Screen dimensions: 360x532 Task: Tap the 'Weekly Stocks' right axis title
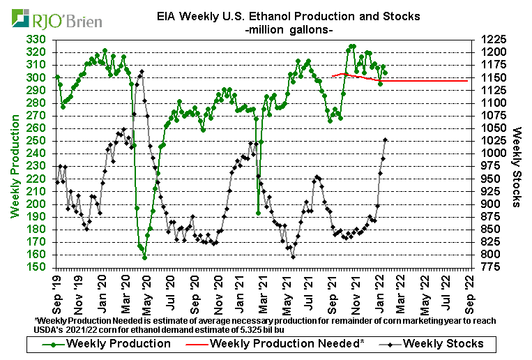[x=517, y=167]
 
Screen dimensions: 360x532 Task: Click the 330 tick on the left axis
[x=38, y=40]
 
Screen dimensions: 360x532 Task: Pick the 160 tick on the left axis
[x=38, y=255]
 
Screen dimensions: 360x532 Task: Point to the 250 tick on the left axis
[x=38, y=141]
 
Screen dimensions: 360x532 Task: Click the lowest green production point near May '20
[x=144, y=257]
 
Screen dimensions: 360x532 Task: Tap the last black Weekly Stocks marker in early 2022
[x=386, y=140]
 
